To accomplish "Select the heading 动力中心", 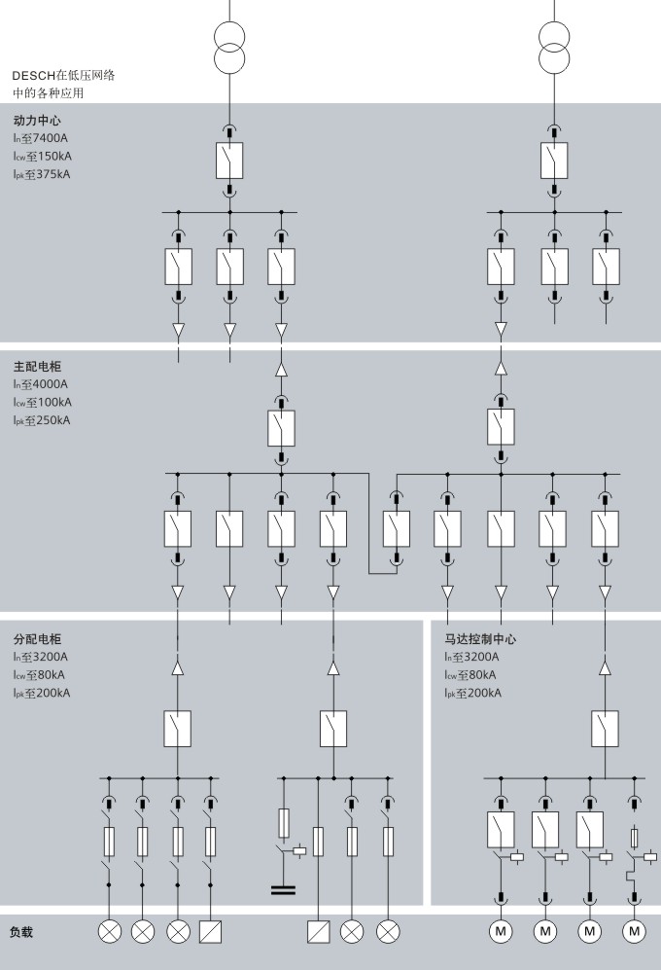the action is pyautogui.click(x=37, y=120).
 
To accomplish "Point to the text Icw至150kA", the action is pyautogui.click(x=43, y=157).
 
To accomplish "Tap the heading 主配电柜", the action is pyautogui.click(x=37, y=366).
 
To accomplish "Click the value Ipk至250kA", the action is pyautogui.click(x=42, y=420).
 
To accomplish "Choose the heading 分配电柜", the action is pyautogui.click(x=37, y=639).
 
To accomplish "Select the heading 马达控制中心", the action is pyautogui.click(x=480, y=639).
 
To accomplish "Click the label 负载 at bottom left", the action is pyautogui.click(x=21, y=932).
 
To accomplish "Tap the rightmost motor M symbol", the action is pyautogui.click(x=634, y=931).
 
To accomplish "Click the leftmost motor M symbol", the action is pyautogui.click(x=501, y=931).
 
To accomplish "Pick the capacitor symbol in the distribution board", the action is pyautogui.click(x=283, y=890).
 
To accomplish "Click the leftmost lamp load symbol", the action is pyautogui.click(x=110, y=932).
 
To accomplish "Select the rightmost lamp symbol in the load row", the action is pyautogui.click(x=388, y=932).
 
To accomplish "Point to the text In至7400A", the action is pyautogui.click(x=41, y=138).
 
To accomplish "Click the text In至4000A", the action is pyautogui.click(x=41, y=384).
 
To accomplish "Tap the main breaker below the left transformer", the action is pyautogui.click(x=229, y=161).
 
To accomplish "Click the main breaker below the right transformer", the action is pyautogui.click(x=554, y=161).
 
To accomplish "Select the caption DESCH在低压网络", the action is pyautogui.click(x=64, y=76).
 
